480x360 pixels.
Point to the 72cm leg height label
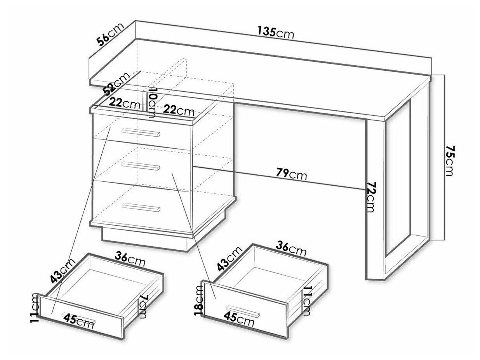click(x=370, y=197)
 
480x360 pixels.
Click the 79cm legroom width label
click(x=291, y=174)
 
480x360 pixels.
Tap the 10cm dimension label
click(x=151, y=103)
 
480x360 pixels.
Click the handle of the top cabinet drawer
click(x=141, y=132)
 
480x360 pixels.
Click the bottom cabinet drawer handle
click(x=141, y=207)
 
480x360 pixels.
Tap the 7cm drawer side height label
click(x=143, y=306)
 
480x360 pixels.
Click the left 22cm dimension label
click(x=124, y=103)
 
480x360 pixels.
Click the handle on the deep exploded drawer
click(x=243, y=311)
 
